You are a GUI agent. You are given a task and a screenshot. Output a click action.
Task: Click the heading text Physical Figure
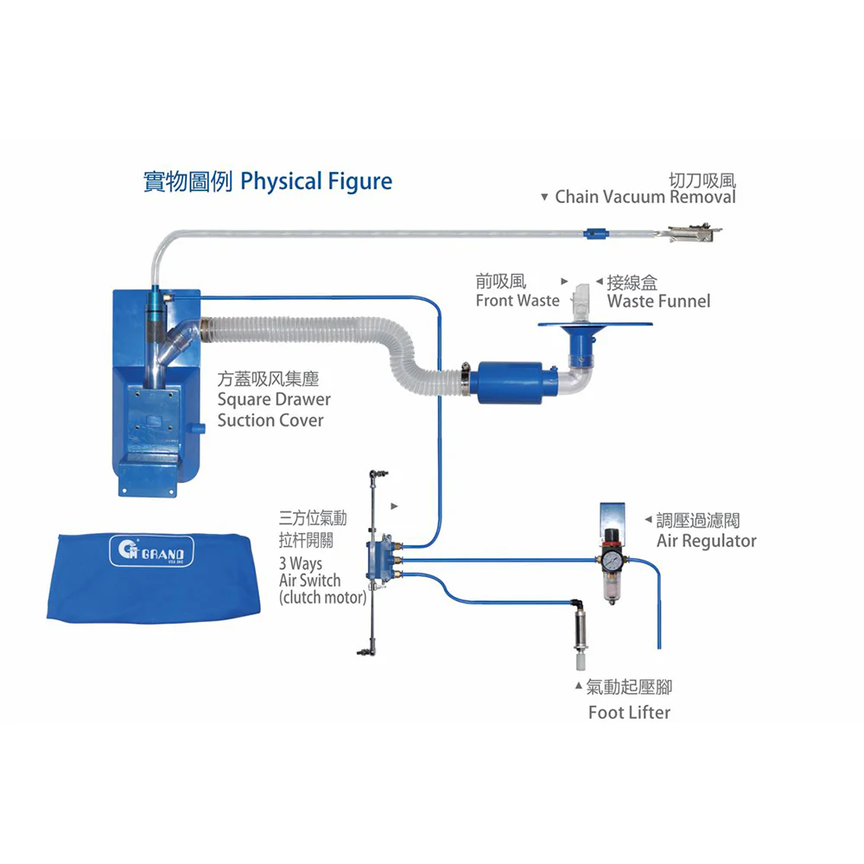[x=316, y=181]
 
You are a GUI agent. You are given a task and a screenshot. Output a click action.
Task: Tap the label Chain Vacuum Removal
[x=645, y=197]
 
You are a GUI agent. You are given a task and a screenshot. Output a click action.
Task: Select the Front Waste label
[x=518, y=301]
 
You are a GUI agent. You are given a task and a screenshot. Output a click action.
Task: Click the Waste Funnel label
[x=658, y=301]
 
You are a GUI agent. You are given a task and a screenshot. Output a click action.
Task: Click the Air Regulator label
[x=706, y=541]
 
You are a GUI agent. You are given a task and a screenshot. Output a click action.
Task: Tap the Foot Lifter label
[x=629, y=712]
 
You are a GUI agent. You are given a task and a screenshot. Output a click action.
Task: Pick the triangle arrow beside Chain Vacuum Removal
[x=543, y=198]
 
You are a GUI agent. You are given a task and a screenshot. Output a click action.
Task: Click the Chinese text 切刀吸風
[x=702, y=180]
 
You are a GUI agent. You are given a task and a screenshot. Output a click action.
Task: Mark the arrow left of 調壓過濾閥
[x=648, y=520]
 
